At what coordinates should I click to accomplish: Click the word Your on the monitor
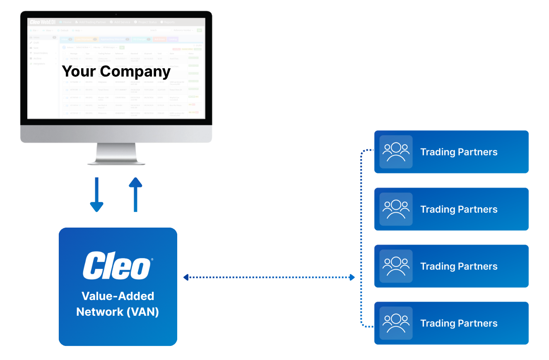coord(79,71)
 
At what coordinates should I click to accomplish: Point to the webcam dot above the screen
coord(116,14)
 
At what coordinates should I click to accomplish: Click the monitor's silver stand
coord(116,154)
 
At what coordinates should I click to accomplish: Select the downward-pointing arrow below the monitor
coord(96,194)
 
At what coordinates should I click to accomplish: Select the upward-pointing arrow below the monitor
coord(135,194)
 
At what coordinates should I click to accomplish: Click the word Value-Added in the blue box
coord(118,296)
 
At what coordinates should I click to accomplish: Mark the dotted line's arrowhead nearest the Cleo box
coord(186,277)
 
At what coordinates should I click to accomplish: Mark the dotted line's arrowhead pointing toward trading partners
coord(352,277)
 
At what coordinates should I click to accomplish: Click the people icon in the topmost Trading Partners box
coord(396,152)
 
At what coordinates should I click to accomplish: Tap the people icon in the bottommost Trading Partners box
coord(396,323)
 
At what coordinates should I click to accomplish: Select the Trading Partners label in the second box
coord(459,209)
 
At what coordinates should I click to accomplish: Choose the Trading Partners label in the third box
coord(459,266)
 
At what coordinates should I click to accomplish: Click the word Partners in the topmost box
coord(478,152)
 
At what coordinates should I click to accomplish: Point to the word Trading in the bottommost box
coord(438,324)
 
